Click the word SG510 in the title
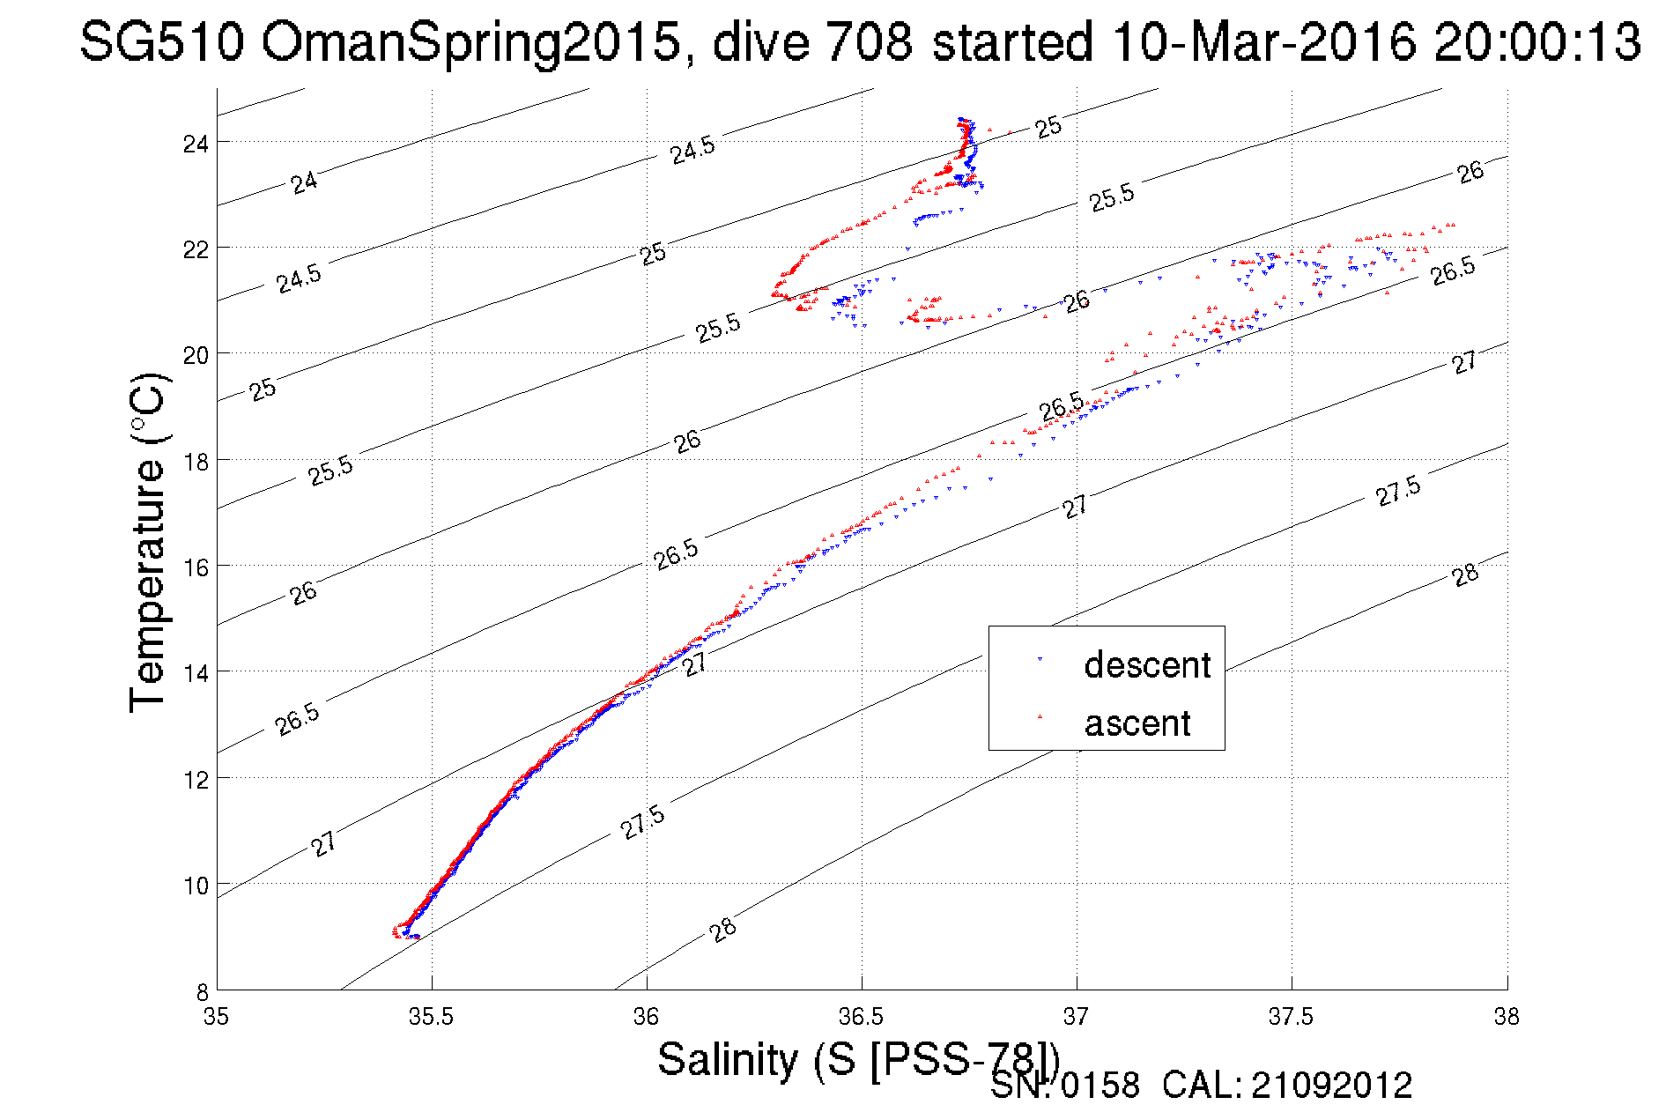coord(161,41)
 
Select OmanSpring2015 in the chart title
coord(470,41)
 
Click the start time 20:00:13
coord(1536,41)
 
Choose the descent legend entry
coord(1146,664)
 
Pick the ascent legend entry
coord(1137,723)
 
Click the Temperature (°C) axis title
coord(146,543)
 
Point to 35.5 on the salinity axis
coord(431,1017)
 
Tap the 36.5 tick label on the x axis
coord(861,1017)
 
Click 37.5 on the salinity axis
coord(1291,1017)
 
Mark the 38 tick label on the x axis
coord(1507,1017)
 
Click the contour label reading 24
coord(304,183)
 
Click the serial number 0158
coord(1100,1086)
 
